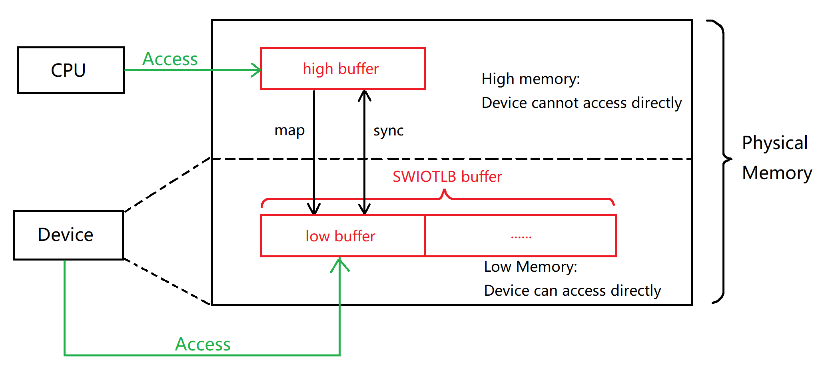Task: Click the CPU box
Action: point(71,70)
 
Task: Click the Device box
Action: point(68,235)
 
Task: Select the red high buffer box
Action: point(342,69)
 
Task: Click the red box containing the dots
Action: point(521,236)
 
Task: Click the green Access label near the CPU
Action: point(170,59)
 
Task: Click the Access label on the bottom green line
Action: point(203,344)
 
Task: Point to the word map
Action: point(289,131)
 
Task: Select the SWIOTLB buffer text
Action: point(447,177)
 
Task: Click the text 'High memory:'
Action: point(531,79)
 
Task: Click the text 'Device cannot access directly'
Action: point(581,103)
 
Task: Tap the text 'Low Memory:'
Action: point(531,267)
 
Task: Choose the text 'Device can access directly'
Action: point(572,290)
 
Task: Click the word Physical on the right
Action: point(774,143)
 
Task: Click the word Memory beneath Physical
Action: point(777,173)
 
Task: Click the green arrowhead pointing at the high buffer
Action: point(256,70)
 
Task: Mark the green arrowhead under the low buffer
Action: point(339,264)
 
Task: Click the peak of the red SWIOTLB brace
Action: point(444,192)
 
